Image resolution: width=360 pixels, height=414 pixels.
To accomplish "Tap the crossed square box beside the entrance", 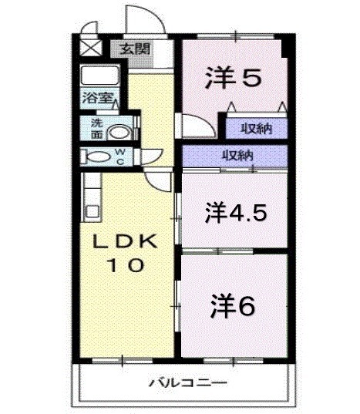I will coord(91,48).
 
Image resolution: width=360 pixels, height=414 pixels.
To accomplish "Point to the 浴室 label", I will coord(98,99).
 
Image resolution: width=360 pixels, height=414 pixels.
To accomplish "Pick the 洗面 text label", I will coord(96,128).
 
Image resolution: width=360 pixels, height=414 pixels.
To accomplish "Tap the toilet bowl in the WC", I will coord(99,157).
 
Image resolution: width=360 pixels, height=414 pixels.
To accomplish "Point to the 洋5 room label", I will coord(234,76).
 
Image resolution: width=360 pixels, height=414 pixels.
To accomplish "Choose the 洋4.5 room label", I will coord(236,212).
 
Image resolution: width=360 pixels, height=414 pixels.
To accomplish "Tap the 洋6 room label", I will coord(234,306).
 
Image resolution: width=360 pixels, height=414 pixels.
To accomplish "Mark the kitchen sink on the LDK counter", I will coord(92,209).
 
